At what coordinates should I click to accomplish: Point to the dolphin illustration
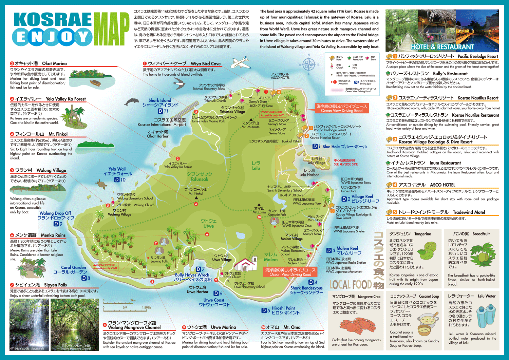click(132, 101)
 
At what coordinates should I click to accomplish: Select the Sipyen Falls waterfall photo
click(29, 324)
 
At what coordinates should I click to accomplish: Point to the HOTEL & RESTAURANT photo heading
click(442, 47)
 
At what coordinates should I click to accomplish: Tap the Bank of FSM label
click(290, 141)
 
